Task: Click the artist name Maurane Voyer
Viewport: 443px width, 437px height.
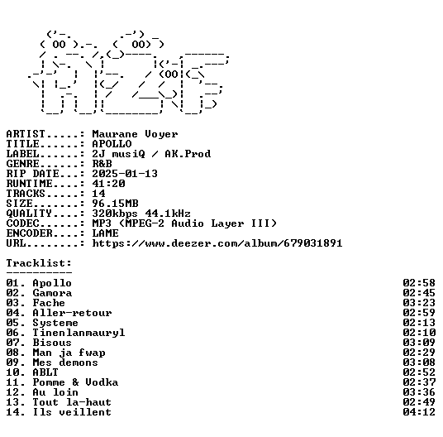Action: [135, 134]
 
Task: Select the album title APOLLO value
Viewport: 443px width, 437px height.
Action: [112, 144]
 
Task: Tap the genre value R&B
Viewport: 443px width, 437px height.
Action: [102, 164]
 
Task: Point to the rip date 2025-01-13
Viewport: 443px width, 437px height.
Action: [125, 174]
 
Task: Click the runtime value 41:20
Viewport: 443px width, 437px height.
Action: [108, 184]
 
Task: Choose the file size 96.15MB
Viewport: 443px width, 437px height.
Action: [115, 204]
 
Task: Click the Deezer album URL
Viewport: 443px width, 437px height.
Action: [217, 243]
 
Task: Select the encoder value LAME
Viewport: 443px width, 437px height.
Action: [106, 233]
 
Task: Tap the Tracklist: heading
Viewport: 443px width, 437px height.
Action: [39, 263]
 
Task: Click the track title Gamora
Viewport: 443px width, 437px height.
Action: [52, 293]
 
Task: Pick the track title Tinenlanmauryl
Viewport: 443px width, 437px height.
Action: [79, 333]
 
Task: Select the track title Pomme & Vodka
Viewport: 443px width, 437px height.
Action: [75, 382]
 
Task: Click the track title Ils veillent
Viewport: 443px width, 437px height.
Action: [72, 412]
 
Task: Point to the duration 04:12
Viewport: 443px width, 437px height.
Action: [419, 412]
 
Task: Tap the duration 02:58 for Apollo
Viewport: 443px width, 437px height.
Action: [419, 283]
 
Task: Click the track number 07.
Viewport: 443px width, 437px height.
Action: [12, 343]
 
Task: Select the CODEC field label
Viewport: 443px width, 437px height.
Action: [22, 223]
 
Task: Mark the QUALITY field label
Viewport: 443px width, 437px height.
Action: [29, 214]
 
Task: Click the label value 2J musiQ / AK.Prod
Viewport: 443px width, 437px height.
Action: [151, 154]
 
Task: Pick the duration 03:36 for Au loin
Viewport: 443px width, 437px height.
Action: [419, 392]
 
